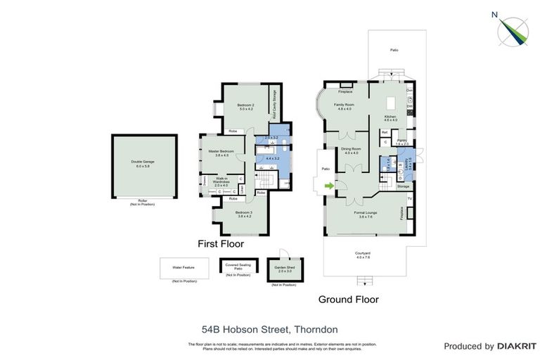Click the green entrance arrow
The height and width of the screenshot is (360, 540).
(x=328, y=186)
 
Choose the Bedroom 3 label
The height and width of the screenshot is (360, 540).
(x=244, y=214)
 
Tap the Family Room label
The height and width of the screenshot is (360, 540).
(x=344, y=107)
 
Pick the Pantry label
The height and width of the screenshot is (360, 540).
(x=401, y=142)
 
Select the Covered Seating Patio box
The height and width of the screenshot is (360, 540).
(x=238, y=266)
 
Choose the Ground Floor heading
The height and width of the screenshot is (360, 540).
(x=348, y=299)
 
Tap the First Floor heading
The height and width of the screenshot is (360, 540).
(x=220, y=244)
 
